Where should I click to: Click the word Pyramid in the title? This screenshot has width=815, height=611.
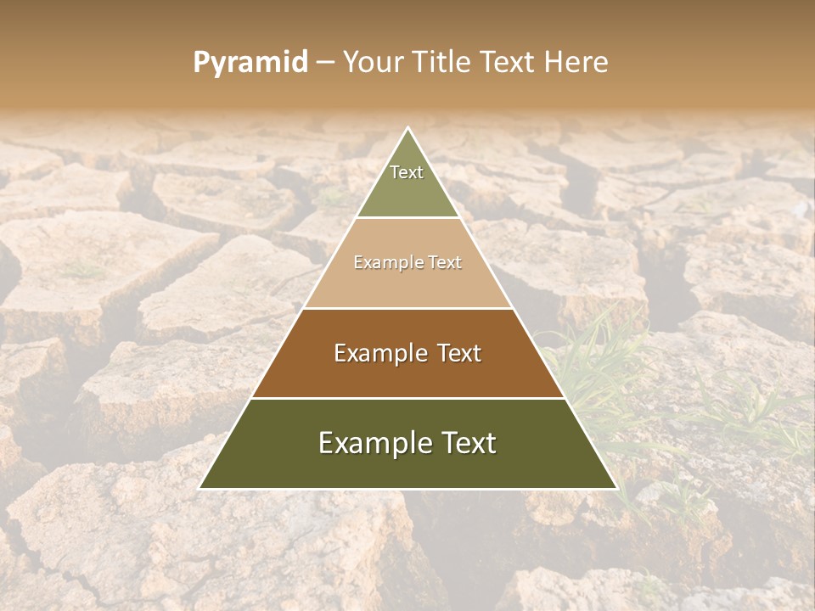(x=250, y=63)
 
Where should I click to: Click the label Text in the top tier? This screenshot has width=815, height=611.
(x=407, y=172)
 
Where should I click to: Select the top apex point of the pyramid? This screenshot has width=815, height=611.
(x=408, y=127)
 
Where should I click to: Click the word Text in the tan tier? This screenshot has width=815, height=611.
(x=444, y=263)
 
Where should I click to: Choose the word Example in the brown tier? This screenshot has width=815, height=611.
(x=379, y=353)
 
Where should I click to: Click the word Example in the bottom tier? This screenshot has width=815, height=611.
(x=370, y=443)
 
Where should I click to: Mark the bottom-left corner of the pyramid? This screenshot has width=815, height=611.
(x=200, y=488)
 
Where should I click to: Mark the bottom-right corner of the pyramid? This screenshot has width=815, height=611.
(x=616, y=488)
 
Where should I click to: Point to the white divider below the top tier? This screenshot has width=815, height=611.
(x=408, y=218)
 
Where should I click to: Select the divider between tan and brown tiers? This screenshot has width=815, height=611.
(x=408, y=308)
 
